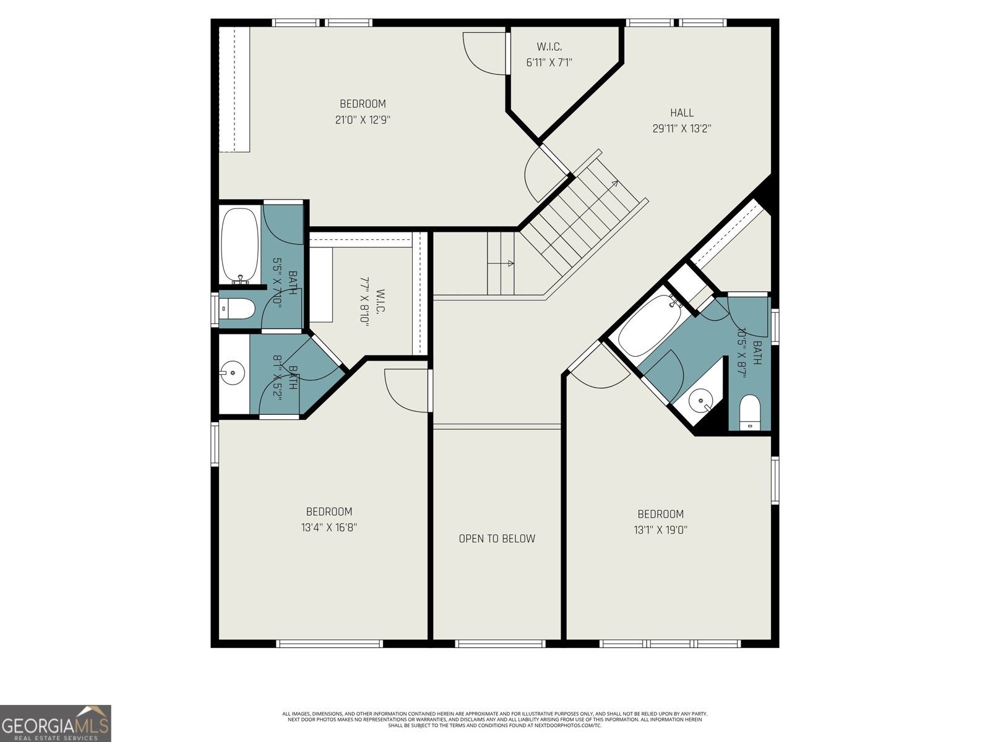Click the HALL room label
tap(681, 113)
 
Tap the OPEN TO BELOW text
tap(497, 539)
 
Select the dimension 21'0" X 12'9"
tap(363, 120)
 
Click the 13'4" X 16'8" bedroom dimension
tap(329, 527)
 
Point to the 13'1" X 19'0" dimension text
tap(660, 530)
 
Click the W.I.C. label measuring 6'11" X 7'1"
tap(549, 47)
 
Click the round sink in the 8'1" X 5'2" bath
tap(232, 373)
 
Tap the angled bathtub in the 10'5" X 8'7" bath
tap(649, 325)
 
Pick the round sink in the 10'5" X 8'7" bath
tap(701, 400)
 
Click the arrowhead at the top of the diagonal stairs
tap(615, 183)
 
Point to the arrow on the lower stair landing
tap(509, 263)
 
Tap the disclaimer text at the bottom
tap(495, 719)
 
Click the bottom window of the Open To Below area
tap(500, 644)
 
